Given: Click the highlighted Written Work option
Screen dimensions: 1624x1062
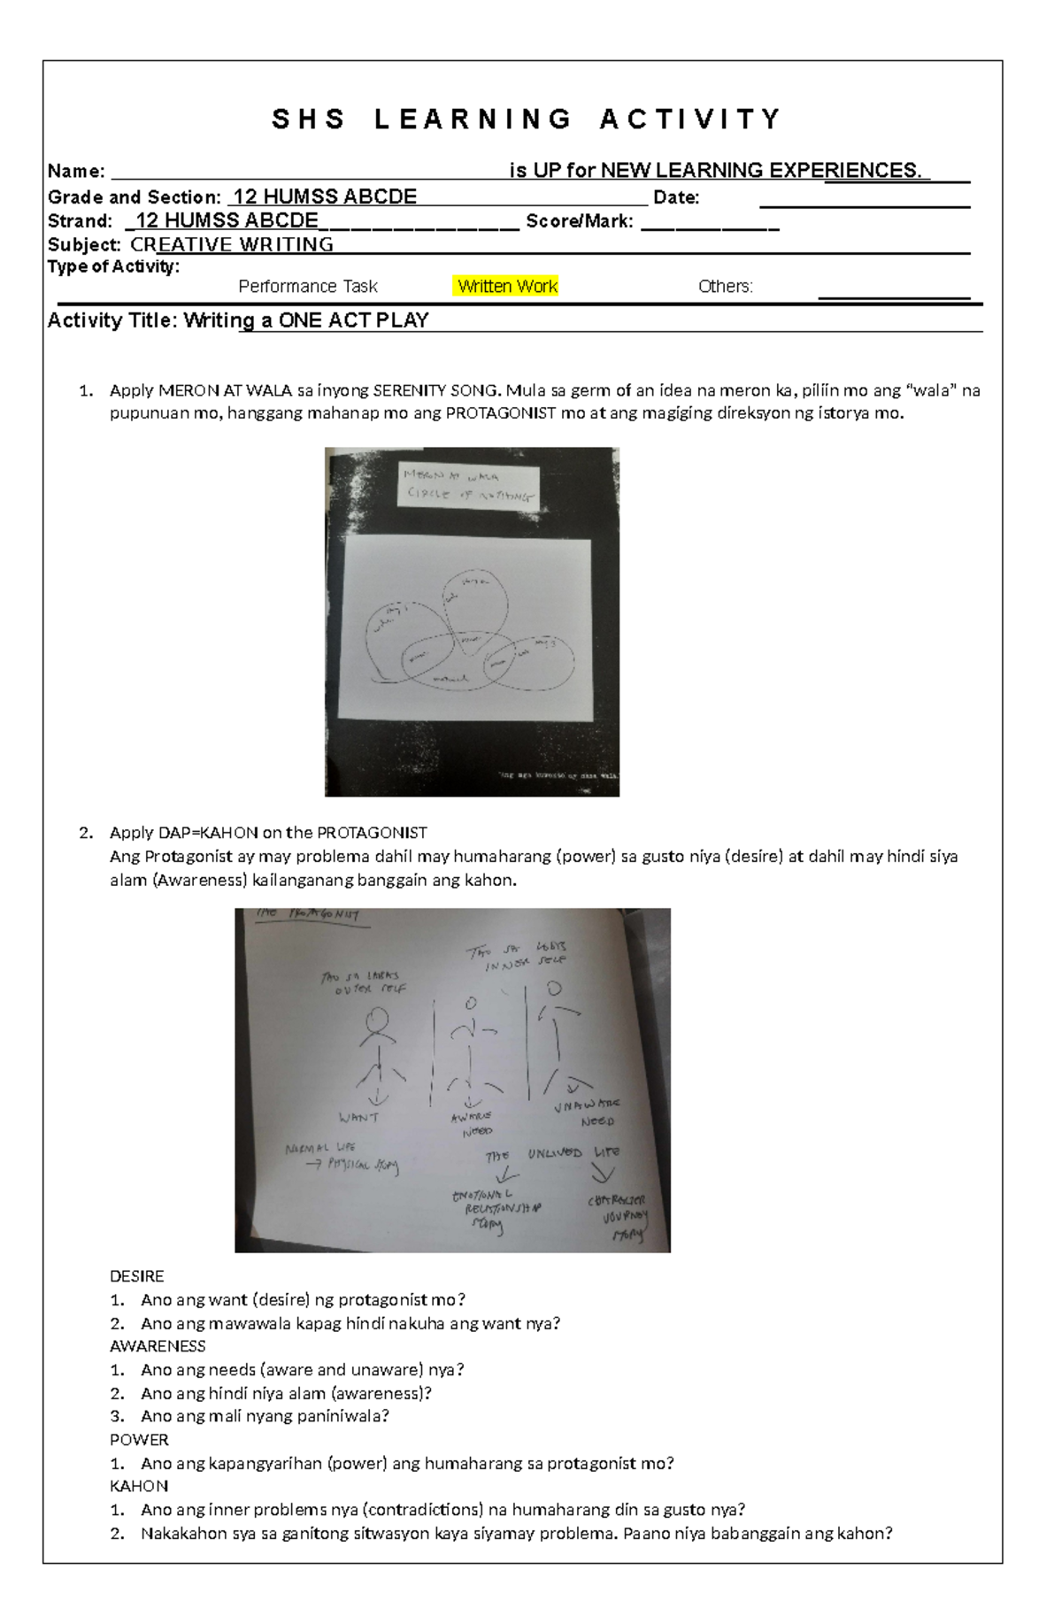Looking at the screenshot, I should (x=507, y=287).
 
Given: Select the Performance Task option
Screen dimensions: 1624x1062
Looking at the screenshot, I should (x=308, y=287).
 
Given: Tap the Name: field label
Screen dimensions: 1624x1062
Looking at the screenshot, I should (x=76, y=172).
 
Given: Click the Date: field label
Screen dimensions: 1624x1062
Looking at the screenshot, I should (x=676, y=197).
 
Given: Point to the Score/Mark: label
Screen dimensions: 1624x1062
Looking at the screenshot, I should (x=580, y=221).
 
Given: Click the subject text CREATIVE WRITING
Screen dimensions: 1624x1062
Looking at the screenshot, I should (x=232, y=245).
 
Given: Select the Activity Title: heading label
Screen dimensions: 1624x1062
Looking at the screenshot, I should (x=113, y=320).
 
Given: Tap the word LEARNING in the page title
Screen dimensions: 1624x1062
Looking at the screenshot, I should (x=473, y=119).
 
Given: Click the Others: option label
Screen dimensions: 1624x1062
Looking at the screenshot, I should (x=725, y=287).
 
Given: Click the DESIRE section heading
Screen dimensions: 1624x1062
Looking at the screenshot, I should (x=136, y=1276).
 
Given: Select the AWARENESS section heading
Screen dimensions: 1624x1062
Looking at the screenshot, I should (x=157, y=1346).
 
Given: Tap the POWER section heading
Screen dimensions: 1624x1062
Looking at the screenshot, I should (x=138, y=1440).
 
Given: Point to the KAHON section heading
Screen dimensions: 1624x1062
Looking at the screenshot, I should (x=138, y=1486).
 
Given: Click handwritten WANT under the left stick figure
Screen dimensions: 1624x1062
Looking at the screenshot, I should (x=358, y=1118).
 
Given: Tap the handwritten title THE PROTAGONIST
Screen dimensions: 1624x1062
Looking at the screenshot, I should (x=308, y=915).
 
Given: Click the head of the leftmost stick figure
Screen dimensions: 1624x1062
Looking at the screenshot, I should (x=379, y=1020).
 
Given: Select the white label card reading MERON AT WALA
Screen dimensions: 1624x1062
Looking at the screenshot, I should (x=468, y=485).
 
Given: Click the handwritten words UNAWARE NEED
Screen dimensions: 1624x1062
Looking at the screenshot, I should (x=589, y=1112).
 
